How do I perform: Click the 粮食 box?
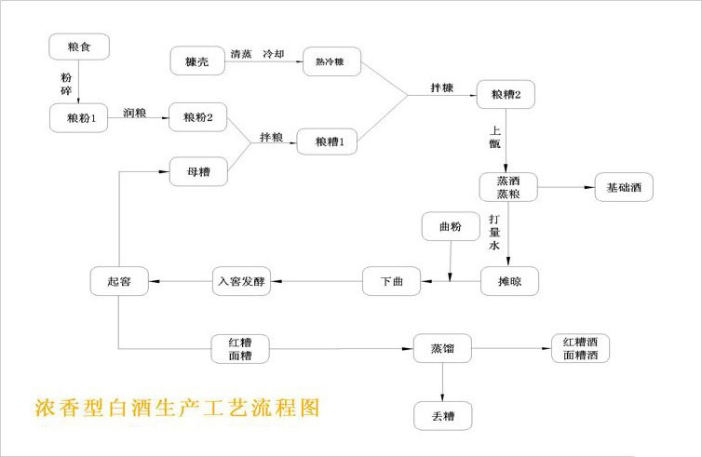pyautogui.click(x=80, y=47)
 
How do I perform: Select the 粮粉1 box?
pyautogui.click(x=80, y=118)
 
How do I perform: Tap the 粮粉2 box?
pyautogui.click(x=198, y=117)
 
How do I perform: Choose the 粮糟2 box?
pyautogui.click(x=506, y=94)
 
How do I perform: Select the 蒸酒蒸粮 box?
pyautogui.click(x=507, y=186)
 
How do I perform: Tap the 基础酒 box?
pyautogui.click(x=622, y=187)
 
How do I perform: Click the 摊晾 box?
pyautogui.click(x=507, y=280)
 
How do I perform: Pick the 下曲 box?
pyautogui.click(x=391, y=280)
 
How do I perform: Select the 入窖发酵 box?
pyautogui.click(x=242, y=280)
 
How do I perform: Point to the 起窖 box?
pyautogui.click(x=120, y=280)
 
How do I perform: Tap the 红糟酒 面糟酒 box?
pyautogui.click(x=579, y=348)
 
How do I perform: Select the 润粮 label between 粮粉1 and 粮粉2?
pyautogui.click(x=135, y=112)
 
